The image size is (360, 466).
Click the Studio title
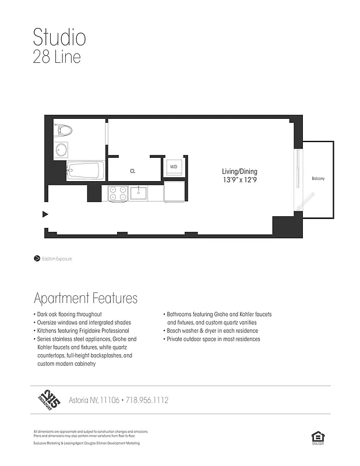[x=59, y=37]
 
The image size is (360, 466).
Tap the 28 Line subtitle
[x=57, y=57]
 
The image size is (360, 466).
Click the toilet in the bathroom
[x=62, y=130]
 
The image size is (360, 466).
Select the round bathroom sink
[x=62, y=150]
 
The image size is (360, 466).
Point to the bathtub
[x=85, y=171]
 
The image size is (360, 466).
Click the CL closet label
[x=133, y=171]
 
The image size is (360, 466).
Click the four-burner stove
[x=118, y=193]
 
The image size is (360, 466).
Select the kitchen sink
[x=139, y=193]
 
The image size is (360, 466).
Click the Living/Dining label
[x=239, y=172]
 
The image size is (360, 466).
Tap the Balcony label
[x=317, y=178]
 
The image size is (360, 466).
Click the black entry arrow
[x=45, y=214]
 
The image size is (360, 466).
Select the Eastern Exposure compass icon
[x=37, y=258]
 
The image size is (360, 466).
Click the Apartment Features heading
[x=86, y=298]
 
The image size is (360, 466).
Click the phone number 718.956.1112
[x=147, y=400]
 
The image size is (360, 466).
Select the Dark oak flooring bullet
[x=68, y=315]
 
